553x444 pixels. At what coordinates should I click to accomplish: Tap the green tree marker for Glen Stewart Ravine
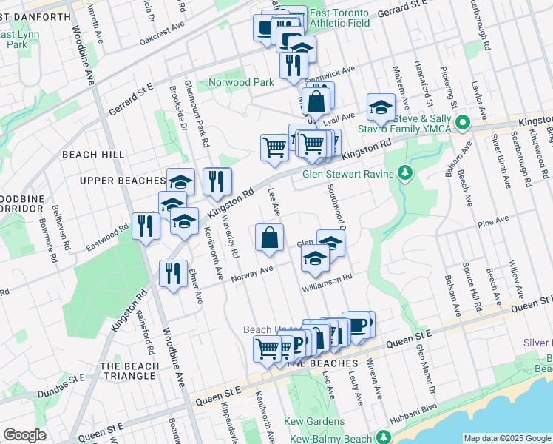click(x=404, y=174)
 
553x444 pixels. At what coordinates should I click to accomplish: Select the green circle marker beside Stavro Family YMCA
click(x=463, y=123)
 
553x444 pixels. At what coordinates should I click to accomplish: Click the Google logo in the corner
click(x=24, y=435)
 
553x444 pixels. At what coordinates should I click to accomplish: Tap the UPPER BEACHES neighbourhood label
click(x=122, y=181)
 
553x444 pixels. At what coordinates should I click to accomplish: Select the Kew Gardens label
click(x=314, y=422)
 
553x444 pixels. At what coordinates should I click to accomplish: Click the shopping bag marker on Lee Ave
click(x=270, y=238)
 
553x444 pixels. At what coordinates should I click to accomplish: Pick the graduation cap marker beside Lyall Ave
click(x=381, y=107)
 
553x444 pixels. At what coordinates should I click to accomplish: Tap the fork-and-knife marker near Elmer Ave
click(x=173, y=274)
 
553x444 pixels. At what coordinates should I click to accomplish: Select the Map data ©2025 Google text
click(x=507, y=438)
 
